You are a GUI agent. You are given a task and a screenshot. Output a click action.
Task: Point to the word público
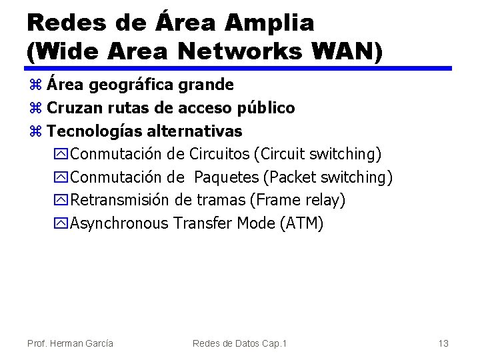(267, 107)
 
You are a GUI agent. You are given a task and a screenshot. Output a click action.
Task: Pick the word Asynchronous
(119, 223)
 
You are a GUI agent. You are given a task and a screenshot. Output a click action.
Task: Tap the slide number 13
(443, 343)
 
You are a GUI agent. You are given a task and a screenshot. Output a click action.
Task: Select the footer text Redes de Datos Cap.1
(239, 343)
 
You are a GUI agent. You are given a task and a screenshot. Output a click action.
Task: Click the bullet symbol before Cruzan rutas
(35, 108)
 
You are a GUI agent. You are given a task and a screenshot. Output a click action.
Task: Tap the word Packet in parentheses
(294, 177)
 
